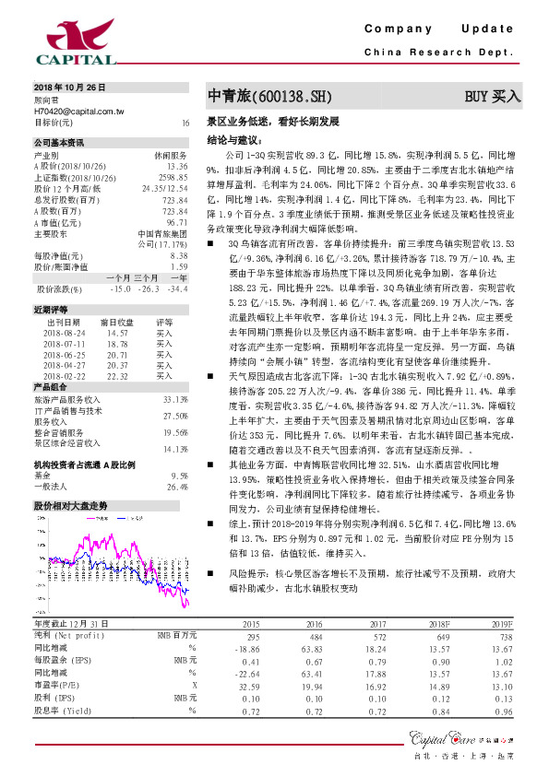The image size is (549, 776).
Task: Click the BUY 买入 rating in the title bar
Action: tap(493, 96)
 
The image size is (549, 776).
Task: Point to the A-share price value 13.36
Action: tap(177, 165)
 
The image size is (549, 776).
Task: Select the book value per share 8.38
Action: tap(179, 255)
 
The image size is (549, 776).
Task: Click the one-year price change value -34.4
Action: tap(176, 288)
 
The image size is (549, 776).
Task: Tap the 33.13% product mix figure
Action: tap(175, 399)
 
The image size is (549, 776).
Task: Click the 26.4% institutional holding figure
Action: tap(177, 486)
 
